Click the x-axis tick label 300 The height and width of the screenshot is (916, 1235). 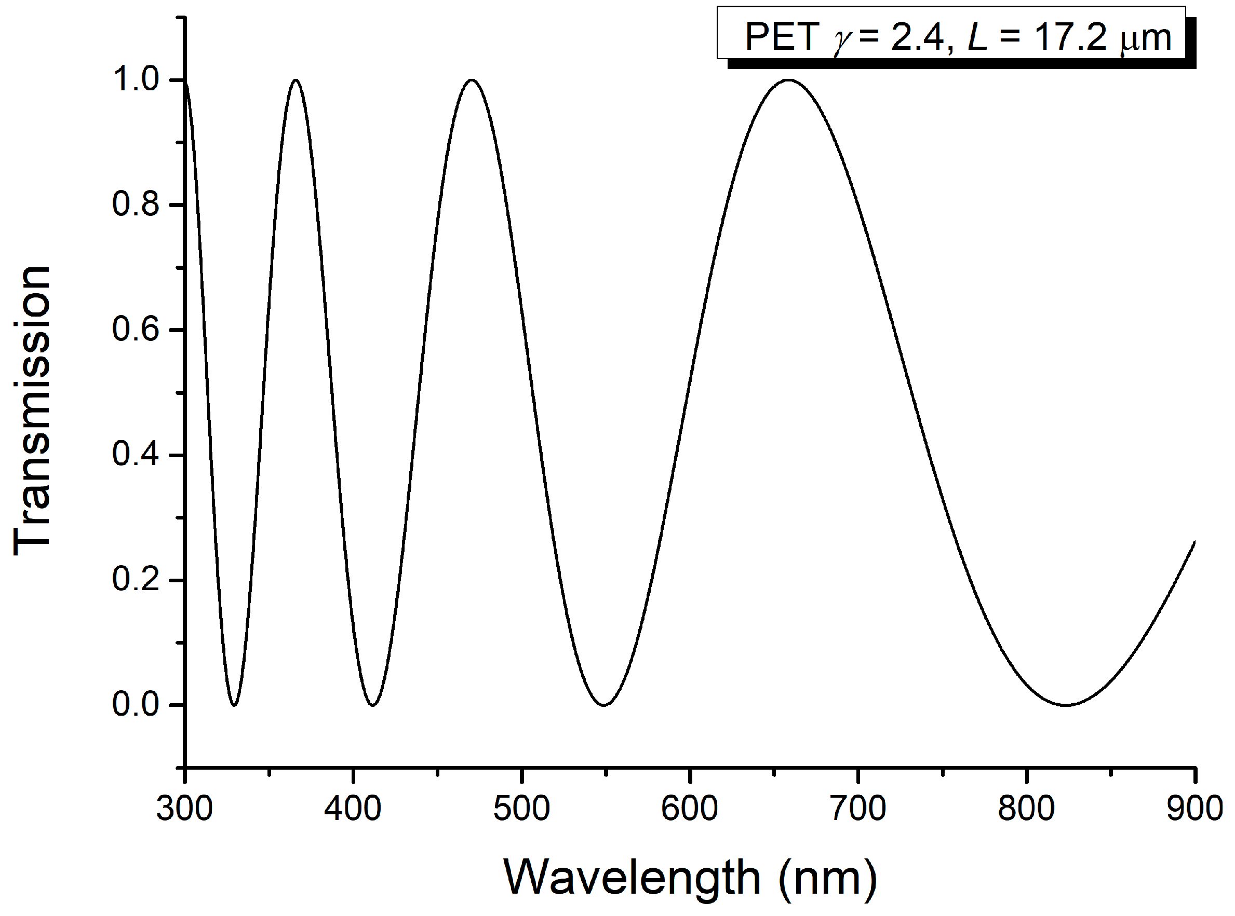pyautogui.click(x=184, y=809)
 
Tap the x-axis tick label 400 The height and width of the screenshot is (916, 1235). pyautogui.click(x=353, y=809)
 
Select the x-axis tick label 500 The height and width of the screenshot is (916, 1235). pyautogui.click(x=521, y=809)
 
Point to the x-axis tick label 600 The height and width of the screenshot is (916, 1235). pyautogui.click(x=690, y=809)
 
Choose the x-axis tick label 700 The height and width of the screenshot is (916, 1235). pyautogui.click(x=858, y=809)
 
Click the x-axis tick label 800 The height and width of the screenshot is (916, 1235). pyautogui.click(x=1026, y=809)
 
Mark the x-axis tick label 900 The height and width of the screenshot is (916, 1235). pyautogui.click(x=1194, y=809)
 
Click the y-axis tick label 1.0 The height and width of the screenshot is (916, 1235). pyautogui.click(x=136, y=79)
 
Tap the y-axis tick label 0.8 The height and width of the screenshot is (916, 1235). pyautogui.click(x=136, y=204)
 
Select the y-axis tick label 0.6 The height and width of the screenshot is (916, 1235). pyautogui.click(x=136, y=330)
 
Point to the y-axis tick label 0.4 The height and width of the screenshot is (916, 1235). pyautogui.click(x=136, y=455)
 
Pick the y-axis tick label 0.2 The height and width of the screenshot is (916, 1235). pyautogui.click(x=136, y=580)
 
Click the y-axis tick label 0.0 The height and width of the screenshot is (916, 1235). pyautogui.click(x=136, y=705)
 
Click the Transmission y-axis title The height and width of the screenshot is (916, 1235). pyautogui.click(x=32, y=411)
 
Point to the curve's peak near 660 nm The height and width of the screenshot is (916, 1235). pyautogui.click(x=788, y=80)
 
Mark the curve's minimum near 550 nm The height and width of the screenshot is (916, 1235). pyautogui.click(x=604, y=705)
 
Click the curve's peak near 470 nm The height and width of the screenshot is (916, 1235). pyautogui.click(x=472, y=80)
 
